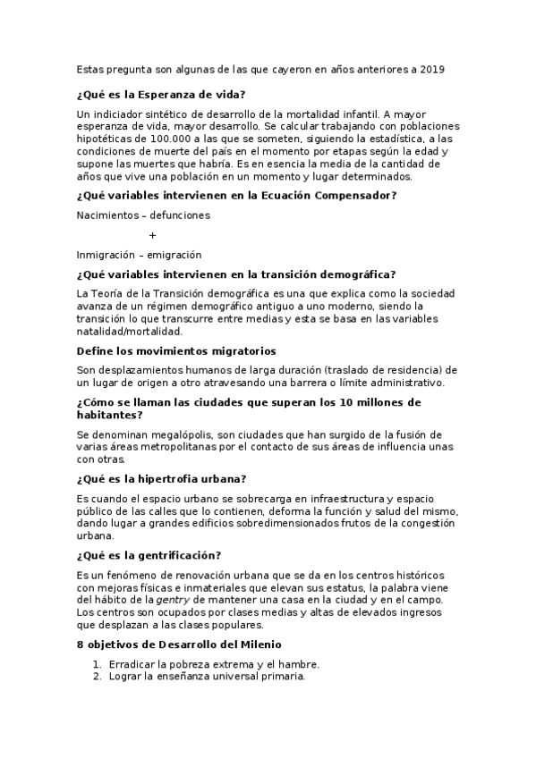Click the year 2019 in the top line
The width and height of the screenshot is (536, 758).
coord(431,69)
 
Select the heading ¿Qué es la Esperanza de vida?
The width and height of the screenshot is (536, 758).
coord(161,95)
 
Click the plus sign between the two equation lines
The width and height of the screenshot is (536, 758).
coord(153,234)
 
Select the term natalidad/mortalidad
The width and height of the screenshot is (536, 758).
coord(130,330)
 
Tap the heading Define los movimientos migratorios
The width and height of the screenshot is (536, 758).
coord(176,350)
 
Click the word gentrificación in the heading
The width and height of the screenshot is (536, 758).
coord(171,554)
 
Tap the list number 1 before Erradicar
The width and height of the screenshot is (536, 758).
coord(96,664)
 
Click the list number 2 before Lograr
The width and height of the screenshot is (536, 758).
coord(96,677)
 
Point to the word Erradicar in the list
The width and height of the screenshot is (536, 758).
coord(132,664)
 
